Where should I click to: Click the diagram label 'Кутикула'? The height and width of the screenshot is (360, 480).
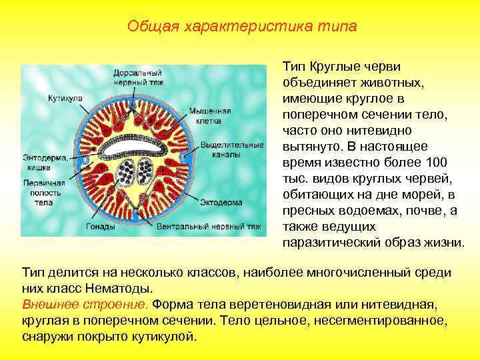coord(65,98)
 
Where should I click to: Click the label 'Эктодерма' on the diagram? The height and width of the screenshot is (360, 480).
coord(221,199)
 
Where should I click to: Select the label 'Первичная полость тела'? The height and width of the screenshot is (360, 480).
coord(43,192)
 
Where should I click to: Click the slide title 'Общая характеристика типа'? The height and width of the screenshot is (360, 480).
coord(241,27)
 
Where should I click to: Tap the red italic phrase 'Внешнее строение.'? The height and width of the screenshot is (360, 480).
coord(85,305)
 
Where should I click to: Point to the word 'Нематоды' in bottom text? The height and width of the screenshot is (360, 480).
coord(125,289)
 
